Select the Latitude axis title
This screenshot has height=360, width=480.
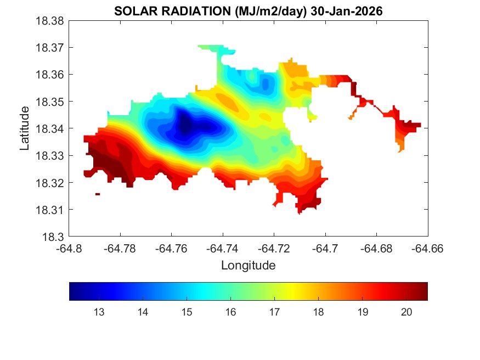pos(25,129)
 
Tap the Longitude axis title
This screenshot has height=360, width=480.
pos(248,266)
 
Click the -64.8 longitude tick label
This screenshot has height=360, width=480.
pos(69,248)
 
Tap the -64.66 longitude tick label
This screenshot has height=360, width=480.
pos(427,248)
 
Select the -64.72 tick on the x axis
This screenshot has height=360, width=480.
pos(274,248)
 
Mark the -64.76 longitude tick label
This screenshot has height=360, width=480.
pos(172,248)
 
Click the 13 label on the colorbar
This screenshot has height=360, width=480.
pos(99,312)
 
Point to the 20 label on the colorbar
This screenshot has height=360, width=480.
pos(406,312)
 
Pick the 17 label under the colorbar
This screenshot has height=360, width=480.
pos(274,312)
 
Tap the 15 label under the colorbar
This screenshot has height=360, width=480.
pos(187,312)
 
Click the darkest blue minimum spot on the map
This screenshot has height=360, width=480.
pos(185,126)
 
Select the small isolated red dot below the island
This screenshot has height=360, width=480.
pos(98,194)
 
